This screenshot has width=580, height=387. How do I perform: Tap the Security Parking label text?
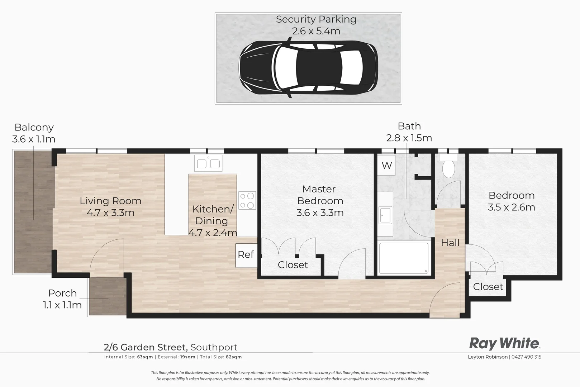[x=316, y=19]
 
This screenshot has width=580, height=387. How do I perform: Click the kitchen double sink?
[x=208, y=163]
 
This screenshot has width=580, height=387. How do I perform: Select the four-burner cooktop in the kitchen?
[x=247, y=201]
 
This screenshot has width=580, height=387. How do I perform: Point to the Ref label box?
[x=246, y=255]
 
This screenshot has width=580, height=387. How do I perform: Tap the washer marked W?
[x=386, y=166]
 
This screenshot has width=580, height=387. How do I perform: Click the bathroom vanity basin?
[x=386, y=215]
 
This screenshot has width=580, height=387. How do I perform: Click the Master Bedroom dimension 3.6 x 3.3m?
[x=320, y=213]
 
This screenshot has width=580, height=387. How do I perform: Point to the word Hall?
[x=450, y=243]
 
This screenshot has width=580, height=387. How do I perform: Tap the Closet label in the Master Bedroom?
[x=293, y=265]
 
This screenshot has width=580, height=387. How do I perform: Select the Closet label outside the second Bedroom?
[x=488, y=287]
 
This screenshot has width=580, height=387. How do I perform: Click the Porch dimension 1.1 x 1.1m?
[x=62, y=305]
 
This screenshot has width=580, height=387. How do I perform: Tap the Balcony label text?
[x=34, y=127]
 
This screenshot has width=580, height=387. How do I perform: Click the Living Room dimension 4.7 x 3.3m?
[x=110, y=213]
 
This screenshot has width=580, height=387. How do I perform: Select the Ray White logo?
[x=504, y=343]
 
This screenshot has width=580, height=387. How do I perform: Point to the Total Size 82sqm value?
[x=233, y=357]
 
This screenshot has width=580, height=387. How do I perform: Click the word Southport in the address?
[x=214, y=347]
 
